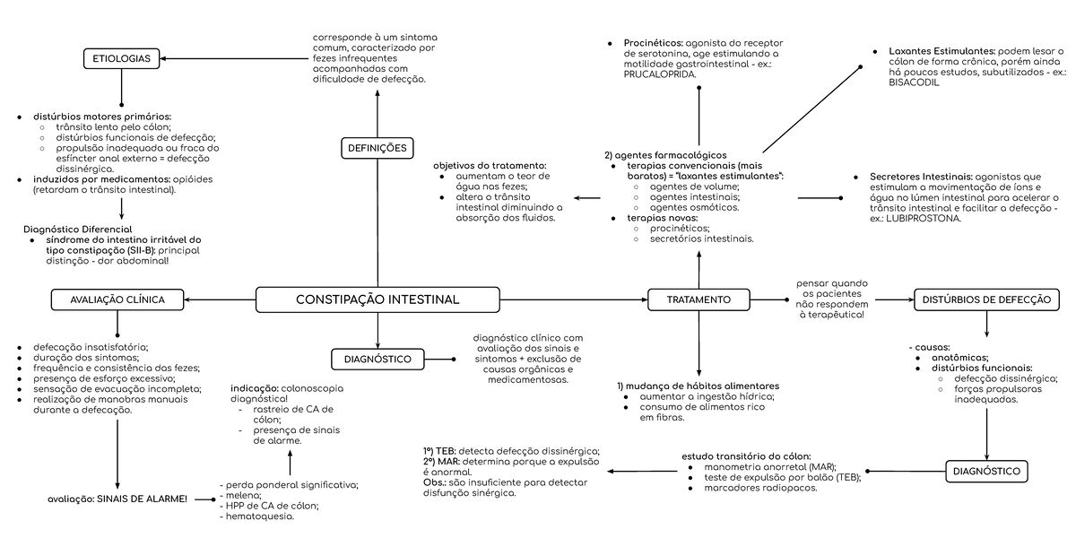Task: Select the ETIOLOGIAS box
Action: point(122,60)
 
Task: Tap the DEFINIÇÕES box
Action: point(376,148)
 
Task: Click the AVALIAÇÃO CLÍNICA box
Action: point(117,299)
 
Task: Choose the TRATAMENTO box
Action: point(699,299)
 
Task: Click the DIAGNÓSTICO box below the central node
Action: point(377,360)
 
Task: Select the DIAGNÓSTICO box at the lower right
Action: point(986,471)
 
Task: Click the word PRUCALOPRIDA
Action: point(660,75)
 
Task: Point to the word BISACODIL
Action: point(914,82)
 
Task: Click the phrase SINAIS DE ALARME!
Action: point(144,498)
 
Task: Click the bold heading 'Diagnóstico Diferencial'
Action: point(77,230)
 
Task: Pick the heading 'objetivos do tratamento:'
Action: point(490,166)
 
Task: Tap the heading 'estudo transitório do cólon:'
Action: point(746,456)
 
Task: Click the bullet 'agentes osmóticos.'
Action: point(695,207)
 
